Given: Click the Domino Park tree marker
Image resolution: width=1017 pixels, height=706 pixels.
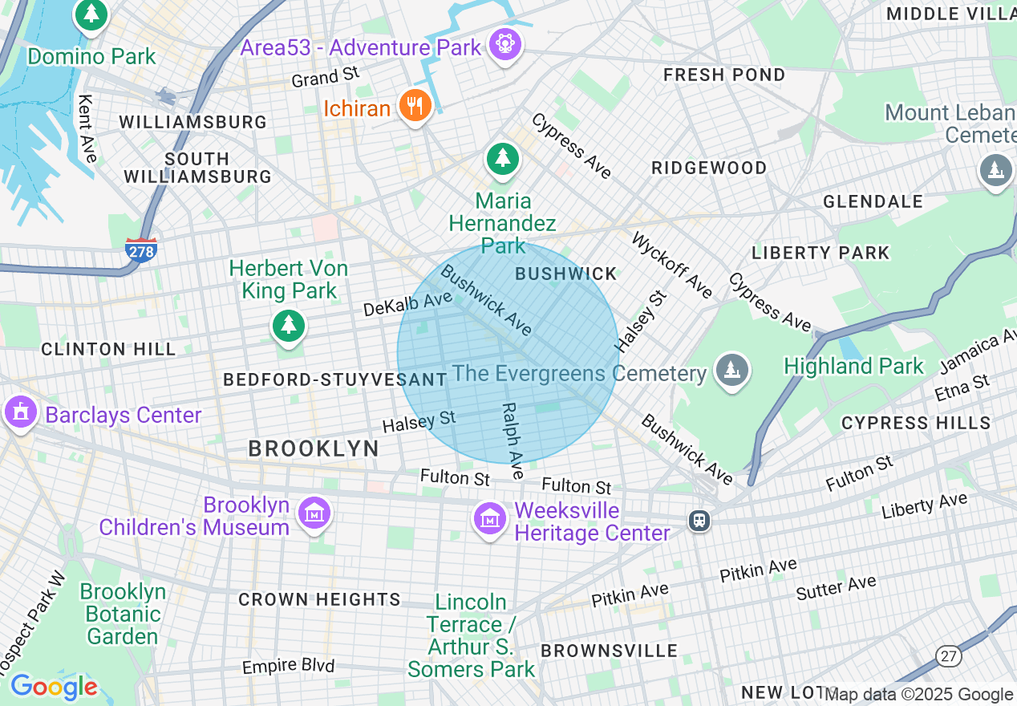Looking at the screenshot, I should click(92, 14).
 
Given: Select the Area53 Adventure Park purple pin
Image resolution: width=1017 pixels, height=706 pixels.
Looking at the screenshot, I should click(504, 45).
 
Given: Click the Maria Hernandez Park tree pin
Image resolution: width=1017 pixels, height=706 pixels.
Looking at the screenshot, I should click(502, 159).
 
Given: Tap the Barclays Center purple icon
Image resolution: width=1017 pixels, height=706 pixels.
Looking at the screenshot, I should click(21, 413).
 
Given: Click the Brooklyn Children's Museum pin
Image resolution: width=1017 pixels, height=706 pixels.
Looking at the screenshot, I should click(314, 513).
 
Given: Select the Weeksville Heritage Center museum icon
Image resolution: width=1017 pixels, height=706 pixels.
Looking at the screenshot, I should click(489, 519).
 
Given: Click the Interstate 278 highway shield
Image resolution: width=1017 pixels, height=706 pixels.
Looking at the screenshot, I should click(140, 250).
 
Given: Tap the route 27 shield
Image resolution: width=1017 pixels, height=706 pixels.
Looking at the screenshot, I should click(949, 655).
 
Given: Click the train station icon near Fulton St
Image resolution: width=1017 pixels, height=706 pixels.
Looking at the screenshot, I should click(699, 521).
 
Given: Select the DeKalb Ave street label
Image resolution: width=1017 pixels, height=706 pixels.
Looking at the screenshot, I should click(407, 304).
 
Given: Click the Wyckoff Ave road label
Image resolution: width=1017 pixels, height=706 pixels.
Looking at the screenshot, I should click(671, 266).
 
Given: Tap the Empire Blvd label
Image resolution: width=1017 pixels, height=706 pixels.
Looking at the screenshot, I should click(288, 666).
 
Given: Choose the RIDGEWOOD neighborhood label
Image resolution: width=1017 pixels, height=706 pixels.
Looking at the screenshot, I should click(709, 168).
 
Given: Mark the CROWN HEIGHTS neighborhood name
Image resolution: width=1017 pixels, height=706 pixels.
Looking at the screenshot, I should click(319, 599).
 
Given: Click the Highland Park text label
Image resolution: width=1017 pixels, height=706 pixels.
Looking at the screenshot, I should click(853, 367).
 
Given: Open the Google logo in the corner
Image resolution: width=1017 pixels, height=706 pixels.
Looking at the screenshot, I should click(54, 687).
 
